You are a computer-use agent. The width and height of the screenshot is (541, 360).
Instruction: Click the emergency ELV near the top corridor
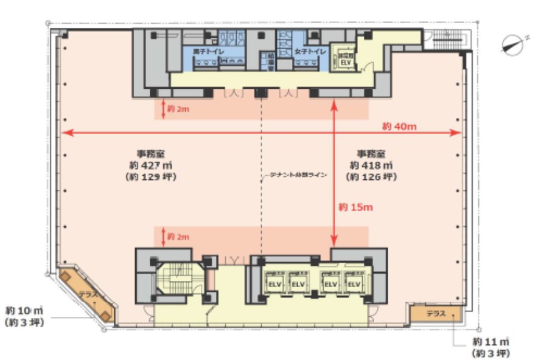[x=345, y=59]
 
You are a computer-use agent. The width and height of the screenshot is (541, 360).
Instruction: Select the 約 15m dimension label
[x=355, y=207]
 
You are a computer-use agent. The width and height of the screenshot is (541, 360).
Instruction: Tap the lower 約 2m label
[x=179, y=235]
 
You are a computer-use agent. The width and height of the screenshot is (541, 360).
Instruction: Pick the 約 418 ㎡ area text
[x=371, y=165]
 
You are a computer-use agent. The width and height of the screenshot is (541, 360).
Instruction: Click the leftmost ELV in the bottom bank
[x=273, y=284]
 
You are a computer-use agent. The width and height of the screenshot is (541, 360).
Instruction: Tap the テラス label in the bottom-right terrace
[x=435, y=314]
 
